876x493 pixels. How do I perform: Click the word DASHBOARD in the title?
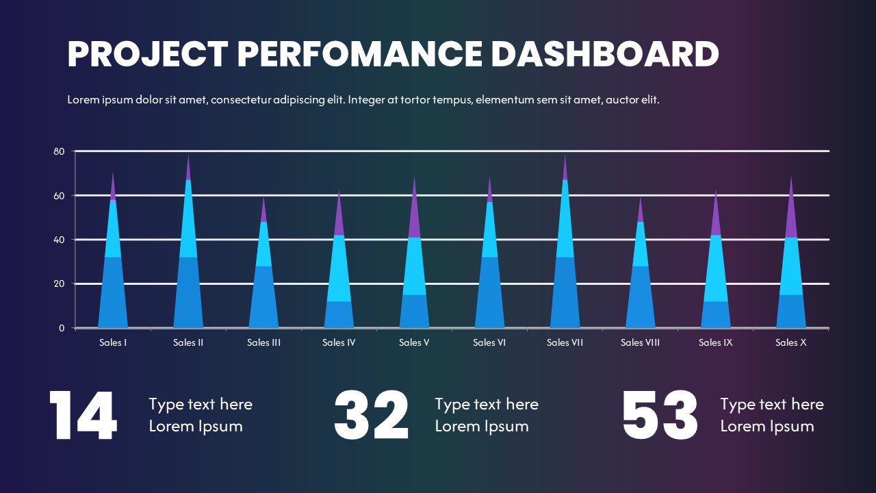pyautogui.click(x=605, y=54)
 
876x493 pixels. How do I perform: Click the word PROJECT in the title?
pyautogui.click(x=148, y=54)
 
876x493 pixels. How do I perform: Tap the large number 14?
pyautogui.click(x=83, y=416)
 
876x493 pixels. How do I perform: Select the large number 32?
pyautogui.click(x=372, y=416)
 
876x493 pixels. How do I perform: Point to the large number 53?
pyautogui.click(x=660, y=416)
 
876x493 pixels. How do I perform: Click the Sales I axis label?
pyautogui.click(x=113, y=342)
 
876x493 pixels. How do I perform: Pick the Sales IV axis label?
pyautogui.click(x=339, y=342)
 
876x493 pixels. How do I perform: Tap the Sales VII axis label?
pyautogui.click(x=565, y=342)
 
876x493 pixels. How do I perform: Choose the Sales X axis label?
pyautogui.click(x=790, y=342)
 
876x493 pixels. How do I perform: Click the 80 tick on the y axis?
pyautogui.click(x=60, y=151)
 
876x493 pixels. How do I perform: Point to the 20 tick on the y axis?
pyautogui.click(x=60, y=283)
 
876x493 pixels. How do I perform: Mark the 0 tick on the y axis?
pyautogui.click(x=62, y=328)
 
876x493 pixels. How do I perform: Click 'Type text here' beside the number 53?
pyautogui.click(x=771, y=405)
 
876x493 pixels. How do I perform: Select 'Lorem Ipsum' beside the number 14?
pyautogui.click(x=196, y=427)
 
